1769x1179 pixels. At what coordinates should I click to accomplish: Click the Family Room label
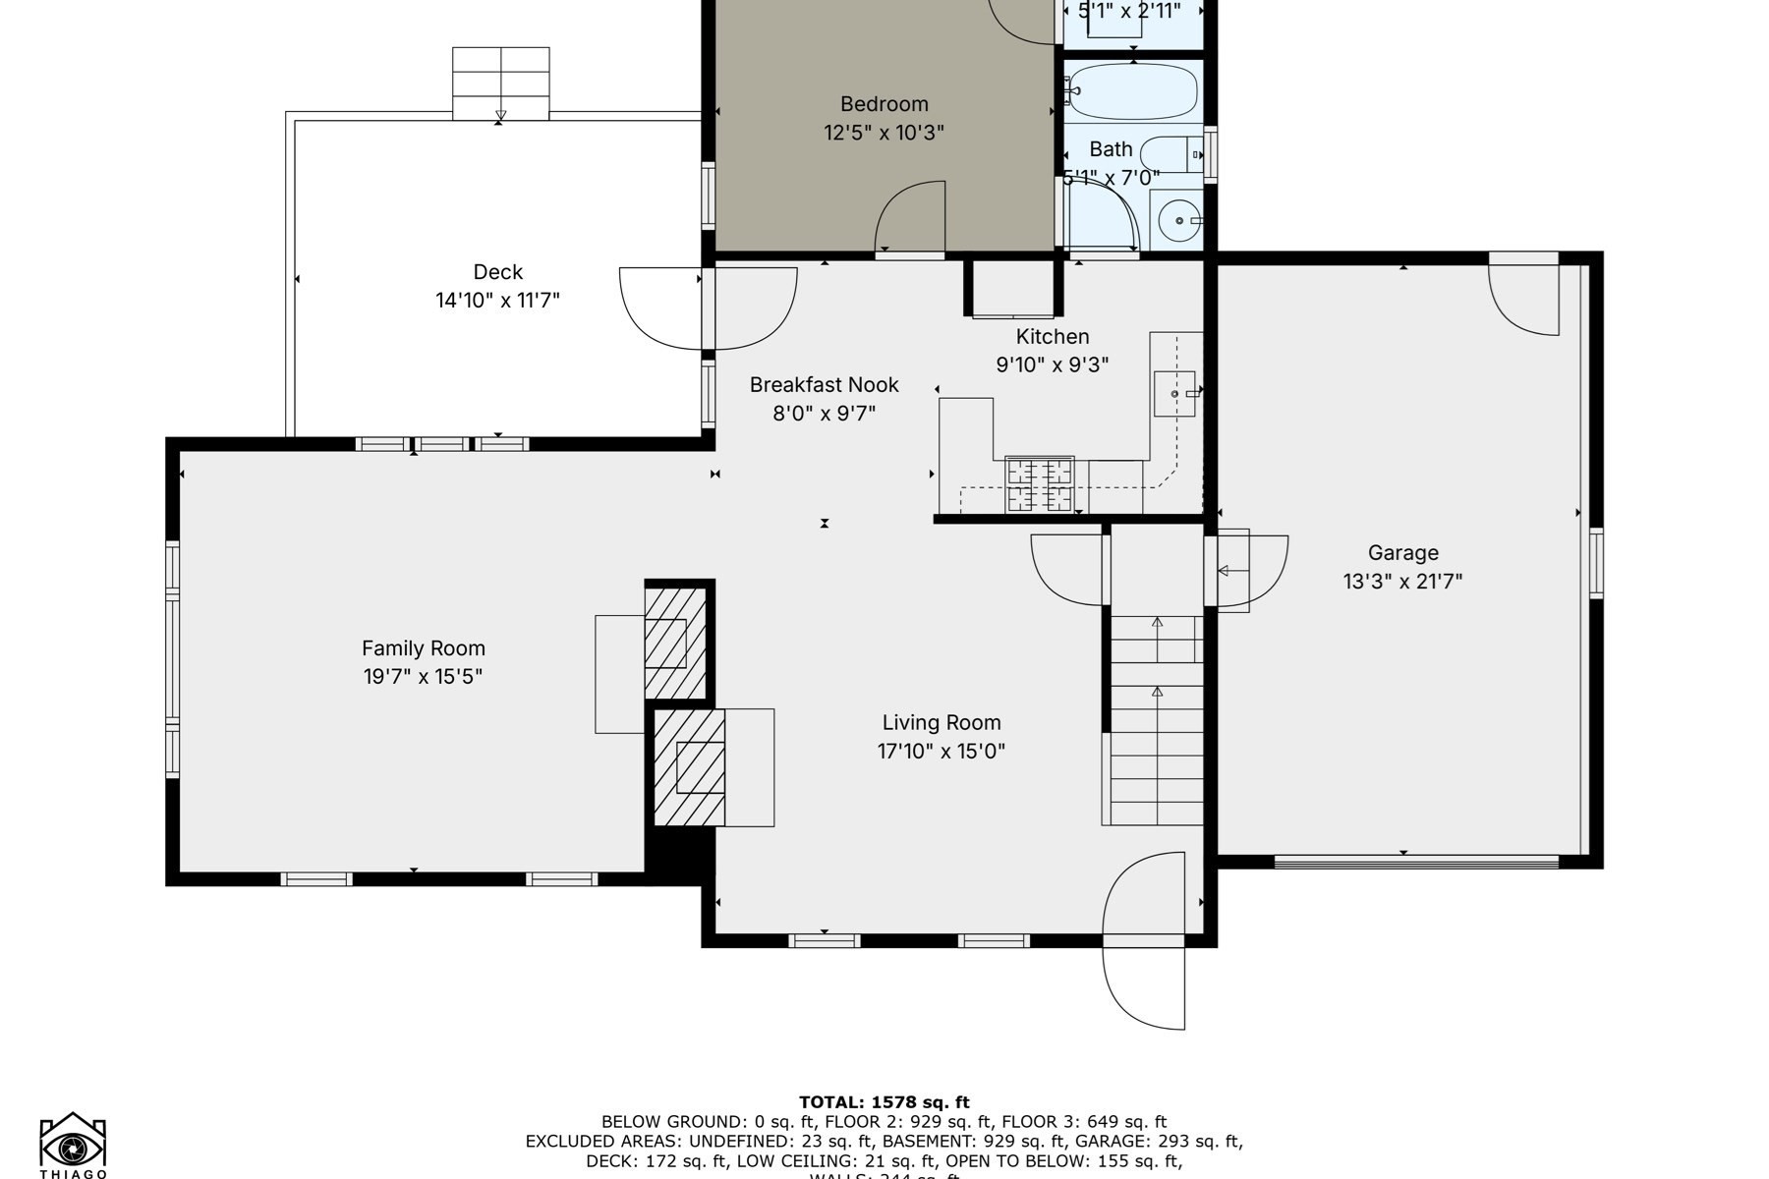[x=423, y=648]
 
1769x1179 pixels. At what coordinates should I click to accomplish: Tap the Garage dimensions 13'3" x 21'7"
[x=1402, y=582]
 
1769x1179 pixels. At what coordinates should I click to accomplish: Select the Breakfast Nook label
[x=824, y=385]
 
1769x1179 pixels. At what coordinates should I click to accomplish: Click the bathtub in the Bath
[x=1133, y=91]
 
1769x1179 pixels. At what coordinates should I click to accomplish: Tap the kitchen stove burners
[x=1039, y=484]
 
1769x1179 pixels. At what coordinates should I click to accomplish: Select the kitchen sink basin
[x=1173, y=393]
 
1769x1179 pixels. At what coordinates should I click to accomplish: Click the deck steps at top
[x=500, y=84]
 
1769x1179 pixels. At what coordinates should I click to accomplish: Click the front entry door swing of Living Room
[x=1145, y=941]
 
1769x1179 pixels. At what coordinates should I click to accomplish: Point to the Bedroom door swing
[x=910, y=218]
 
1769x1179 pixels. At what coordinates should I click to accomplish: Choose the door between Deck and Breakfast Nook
[x=708, y=308]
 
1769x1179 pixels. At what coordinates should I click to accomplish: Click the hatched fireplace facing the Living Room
[x=690, y=767]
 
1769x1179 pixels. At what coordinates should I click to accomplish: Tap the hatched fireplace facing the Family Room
[x=675, y=643]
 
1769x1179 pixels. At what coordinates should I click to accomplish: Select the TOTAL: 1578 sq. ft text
[x=884, y=1102]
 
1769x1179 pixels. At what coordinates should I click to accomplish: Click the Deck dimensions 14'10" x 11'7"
[x=497, y=301]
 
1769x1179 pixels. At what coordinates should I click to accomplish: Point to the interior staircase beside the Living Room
[x=1157, y=722]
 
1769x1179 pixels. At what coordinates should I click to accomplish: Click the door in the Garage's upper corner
[x=1523, y=293]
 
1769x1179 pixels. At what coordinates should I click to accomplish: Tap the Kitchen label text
[x=1052, y=337]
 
